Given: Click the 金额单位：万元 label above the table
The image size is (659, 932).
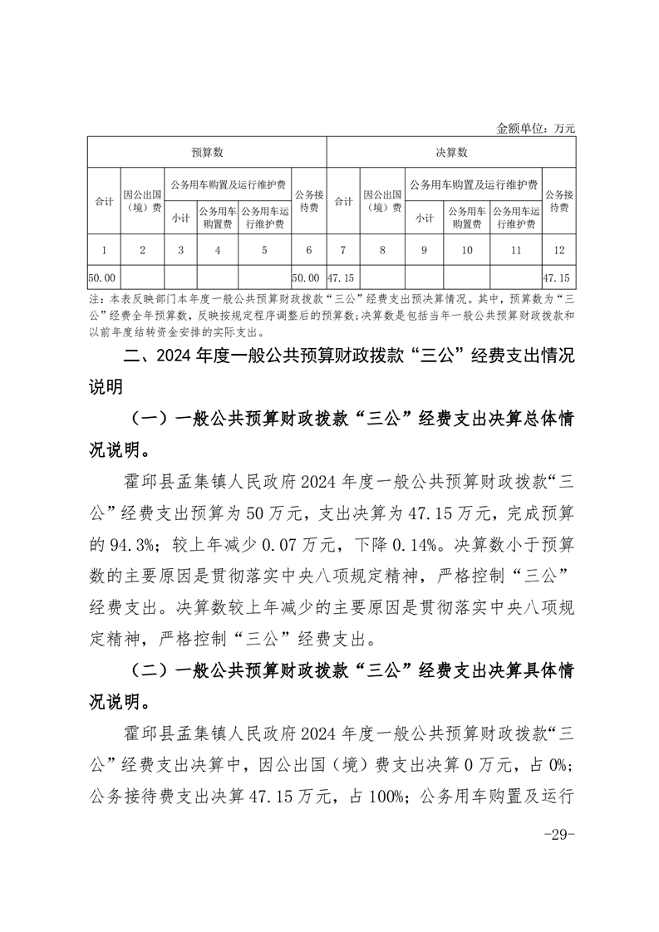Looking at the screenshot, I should pos(535,128).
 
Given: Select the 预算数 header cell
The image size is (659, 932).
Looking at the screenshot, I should pos(207,153).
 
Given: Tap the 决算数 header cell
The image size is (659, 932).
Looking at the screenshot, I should pos(451,153).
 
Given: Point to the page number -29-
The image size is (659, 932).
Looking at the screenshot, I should pos(558,835).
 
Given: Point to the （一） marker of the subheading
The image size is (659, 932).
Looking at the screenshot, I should pos(149,420).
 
